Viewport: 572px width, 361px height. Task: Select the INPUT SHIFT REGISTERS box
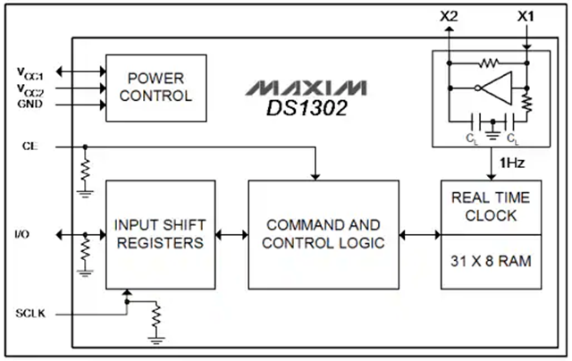pyautogui.click(x=161, y=234)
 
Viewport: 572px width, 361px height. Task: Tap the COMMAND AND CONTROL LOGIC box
pyautogui.click(x=322, y=234)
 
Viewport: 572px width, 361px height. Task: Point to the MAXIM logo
pyautogui.click(x=308, y=88)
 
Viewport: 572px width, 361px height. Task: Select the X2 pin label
pyautogui.click(x=449, y=16)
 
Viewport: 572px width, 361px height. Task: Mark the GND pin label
pyautogui.click(x=29, y=104)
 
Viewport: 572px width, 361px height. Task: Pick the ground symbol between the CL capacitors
pyautogui.click(x=491, y=124)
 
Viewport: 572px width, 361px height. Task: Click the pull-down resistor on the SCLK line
pyautogui.click(x=157, y=316)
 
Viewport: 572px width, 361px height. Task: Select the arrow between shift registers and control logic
pyautogui.click(x=231, y=235)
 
